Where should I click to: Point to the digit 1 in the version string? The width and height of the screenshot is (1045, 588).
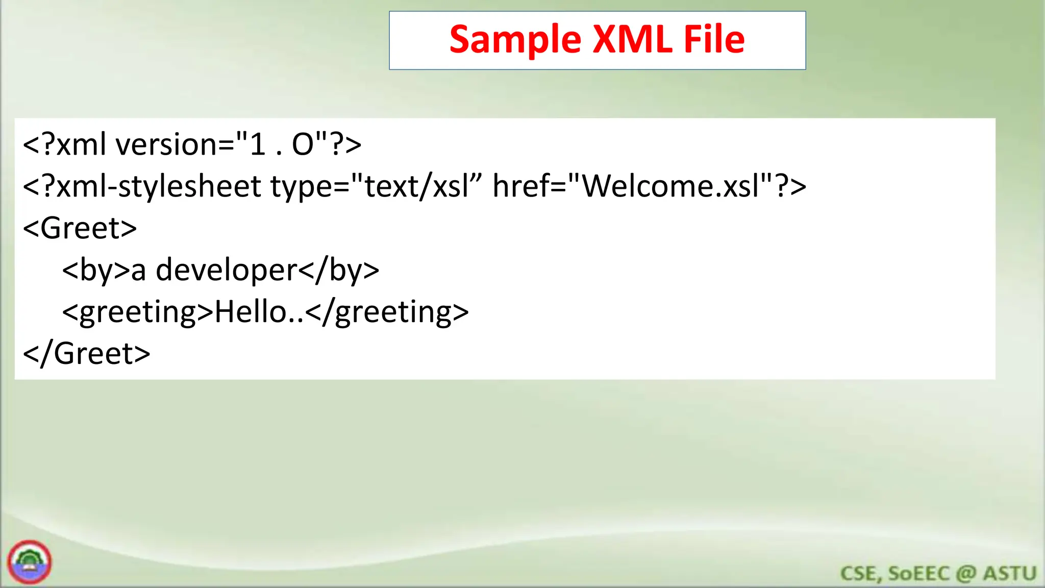(x=257, y=144)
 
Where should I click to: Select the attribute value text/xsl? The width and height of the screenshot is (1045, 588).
(x=416, y=186)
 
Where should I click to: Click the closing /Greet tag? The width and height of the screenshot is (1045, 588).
(x=87, y=354)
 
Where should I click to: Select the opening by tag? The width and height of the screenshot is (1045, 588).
(x=96, y=270)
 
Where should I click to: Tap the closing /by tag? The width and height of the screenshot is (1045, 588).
(x=339, y=270)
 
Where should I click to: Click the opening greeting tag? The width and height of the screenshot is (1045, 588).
(x=137, y=312)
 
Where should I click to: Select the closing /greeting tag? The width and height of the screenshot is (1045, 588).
(x=388, y=312)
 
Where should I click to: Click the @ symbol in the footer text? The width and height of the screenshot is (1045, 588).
(x=966, y=574)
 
